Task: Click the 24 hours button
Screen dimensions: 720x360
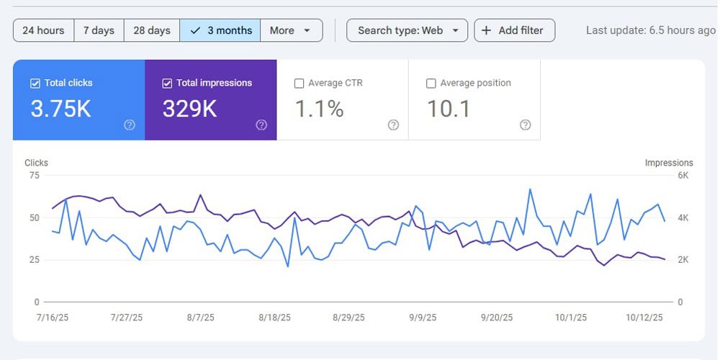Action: [44, 30]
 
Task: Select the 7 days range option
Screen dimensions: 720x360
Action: [99, 30]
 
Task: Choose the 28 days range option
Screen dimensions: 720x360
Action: [152, 30]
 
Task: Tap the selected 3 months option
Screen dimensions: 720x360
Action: [220, 30]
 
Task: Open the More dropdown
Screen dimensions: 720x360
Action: [291, 30]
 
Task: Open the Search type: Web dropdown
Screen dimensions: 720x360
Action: [408, 30]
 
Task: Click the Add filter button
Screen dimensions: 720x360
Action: [514, 30]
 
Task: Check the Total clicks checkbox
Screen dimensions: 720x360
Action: [35, 84]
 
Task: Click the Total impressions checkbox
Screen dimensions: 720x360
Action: [167, 84]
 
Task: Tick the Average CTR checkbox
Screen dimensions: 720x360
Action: [299, 84]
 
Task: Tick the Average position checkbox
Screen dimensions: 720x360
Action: [431, 84]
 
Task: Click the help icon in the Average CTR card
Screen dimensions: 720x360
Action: [394, 125]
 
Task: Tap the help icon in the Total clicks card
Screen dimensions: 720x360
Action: [130, 125]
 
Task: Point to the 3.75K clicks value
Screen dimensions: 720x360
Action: [61, 109]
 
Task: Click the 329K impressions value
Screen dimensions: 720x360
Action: [189, 109]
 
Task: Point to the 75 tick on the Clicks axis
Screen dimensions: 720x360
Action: [35, 176]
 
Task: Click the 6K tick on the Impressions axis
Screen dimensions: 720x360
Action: [683, 176]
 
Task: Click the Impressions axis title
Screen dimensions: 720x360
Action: [669, 163]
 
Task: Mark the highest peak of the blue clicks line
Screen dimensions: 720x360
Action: [530, 189]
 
